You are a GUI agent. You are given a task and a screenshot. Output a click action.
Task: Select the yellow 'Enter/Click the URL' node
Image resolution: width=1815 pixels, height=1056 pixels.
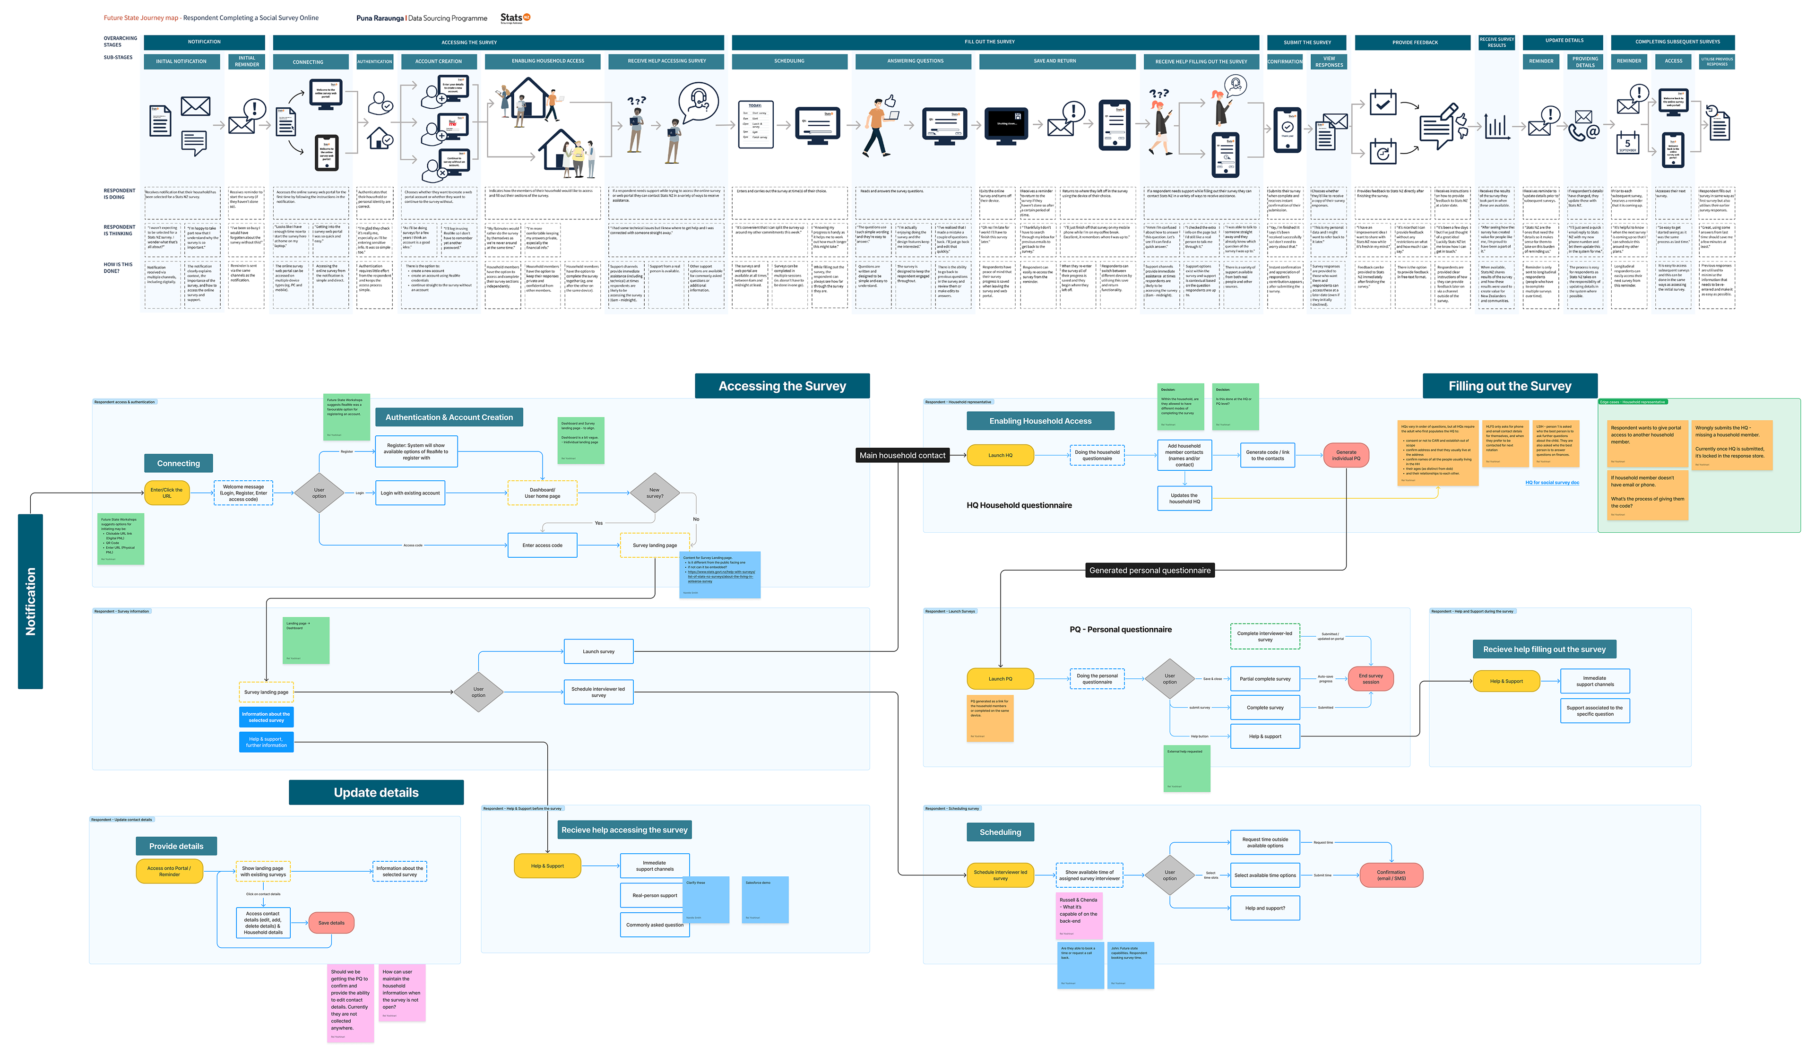click(x=166, y=493)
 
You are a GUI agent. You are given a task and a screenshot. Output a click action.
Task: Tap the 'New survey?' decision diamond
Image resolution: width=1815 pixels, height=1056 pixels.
click(x=654, y=493)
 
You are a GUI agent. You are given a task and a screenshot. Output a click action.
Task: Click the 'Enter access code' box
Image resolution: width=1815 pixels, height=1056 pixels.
click(x=542, y=545)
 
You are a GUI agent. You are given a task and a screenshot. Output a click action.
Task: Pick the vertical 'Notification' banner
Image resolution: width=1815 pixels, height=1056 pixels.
click(x=30, y=601)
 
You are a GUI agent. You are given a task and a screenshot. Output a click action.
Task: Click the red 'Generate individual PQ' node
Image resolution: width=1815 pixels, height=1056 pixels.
click(x=1346, y=455)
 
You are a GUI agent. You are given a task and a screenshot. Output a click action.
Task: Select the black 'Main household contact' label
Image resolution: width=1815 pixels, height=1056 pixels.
click(x=902, y=455)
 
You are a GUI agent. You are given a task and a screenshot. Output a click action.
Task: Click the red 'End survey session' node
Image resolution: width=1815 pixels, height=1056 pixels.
click(x=1371, y=678)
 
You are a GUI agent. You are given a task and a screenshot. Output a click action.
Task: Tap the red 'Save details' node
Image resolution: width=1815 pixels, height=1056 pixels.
click(x=331, y=923)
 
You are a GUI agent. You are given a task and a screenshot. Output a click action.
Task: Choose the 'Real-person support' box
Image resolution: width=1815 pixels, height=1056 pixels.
click(x=654, y=895)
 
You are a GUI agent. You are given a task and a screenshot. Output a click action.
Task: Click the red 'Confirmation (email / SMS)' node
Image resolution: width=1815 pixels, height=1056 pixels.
click(x=1391, y=875)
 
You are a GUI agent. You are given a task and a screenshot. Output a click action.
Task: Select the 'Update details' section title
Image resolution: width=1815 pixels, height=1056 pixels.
click(x=376, y=792)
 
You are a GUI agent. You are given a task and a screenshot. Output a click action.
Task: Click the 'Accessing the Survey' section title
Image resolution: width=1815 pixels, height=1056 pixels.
click(x=782, y=386)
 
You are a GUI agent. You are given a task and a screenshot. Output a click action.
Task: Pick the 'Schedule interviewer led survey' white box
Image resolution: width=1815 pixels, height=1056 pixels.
click(x=598, y=692)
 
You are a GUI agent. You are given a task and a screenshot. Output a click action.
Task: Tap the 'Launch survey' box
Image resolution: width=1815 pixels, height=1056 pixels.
click(x=598, y=651)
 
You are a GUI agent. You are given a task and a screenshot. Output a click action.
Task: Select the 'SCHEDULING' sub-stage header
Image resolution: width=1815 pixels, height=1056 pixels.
click(x=789, y=61)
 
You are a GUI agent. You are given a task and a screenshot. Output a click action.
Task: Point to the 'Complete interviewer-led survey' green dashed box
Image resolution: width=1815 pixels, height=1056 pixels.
click(x=1265, y=637)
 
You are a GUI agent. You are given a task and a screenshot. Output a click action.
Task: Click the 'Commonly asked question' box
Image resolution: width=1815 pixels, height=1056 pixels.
click(x=654, y=925)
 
